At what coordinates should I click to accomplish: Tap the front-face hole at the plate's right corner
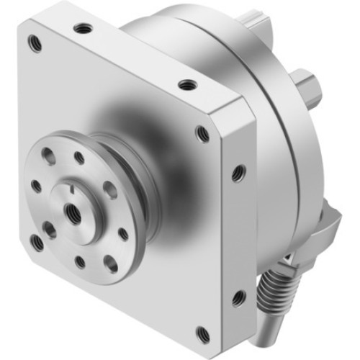click(x=203, y=134)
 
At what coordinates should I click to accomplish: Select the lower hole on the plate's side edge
click(x=237, y=295)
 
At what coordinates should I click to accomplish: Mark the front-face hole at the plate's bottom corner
click(x=204, y=333)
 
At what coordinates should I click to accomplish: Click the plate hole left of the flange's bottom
click(x=36, y=241)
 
